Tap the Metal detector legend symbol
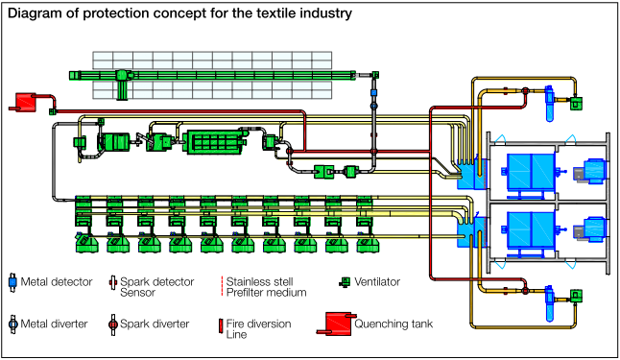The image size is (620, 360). coord(12,282)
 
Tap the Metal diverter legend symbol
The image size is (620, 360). coord(12,324)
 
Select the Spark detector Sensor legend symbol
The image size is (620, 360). coord(112,282)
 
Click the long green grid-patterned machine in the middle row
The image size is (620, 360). coord(221,142)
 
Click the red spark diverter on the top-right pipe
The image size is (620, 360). coord(526,91)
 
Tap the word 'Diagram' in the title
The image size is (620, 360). coord(36,13)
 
